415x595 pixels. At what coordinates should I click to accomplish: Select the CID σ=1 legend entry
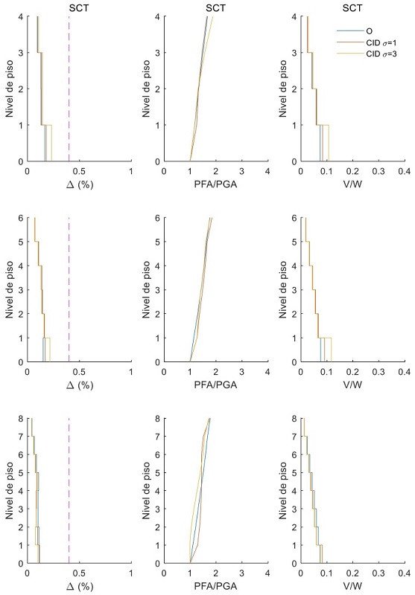[x=376, y=43]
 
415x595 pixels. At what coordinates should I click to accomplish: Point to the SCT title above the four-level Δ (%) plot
[x=79, y=7]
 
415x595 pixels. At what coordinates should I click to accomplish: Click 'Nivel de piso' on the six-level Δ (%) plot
[x=9, y=289]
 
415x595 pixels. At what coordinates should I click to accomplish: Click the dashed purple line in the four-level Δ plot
[x=69, y=89]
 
